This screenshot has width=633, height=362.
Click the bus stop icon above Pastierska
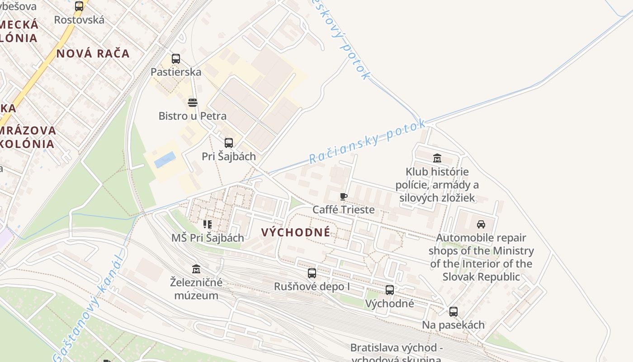175,59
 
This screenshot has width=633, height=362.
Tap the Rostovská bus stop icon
79,6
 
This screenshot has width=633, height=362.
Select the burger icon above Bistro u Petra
193,103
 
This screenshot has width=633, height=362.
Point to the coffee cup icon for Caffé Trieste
344,196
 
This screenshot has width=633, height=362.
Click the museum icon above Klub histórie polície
437,158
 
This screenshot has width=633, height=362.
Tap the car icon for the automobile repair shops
481,224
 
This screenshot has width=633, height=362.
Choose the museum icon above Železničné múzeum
196,269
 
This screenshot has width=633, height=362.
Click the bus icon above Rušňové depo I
312,273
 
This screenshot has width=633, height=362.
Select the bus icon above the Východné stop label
390,290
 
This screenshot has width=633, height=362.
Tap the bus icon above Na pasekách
453,312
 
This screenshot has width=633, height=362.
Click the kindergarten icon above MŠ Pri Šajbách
208,224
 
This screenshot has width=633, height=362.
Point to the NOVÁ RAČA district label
93,53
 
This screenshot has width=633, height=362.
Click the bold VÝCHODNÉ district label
296,233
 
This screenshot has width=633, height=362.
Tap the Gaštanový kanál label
89,308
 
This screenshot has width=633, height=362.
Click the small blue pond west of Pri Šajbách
165,160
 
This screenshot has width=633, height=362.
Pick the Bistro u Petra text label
193,116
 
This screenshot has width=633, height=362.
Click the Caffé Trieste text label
344,210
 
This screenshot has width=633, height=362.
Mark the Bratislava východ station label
396,348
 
